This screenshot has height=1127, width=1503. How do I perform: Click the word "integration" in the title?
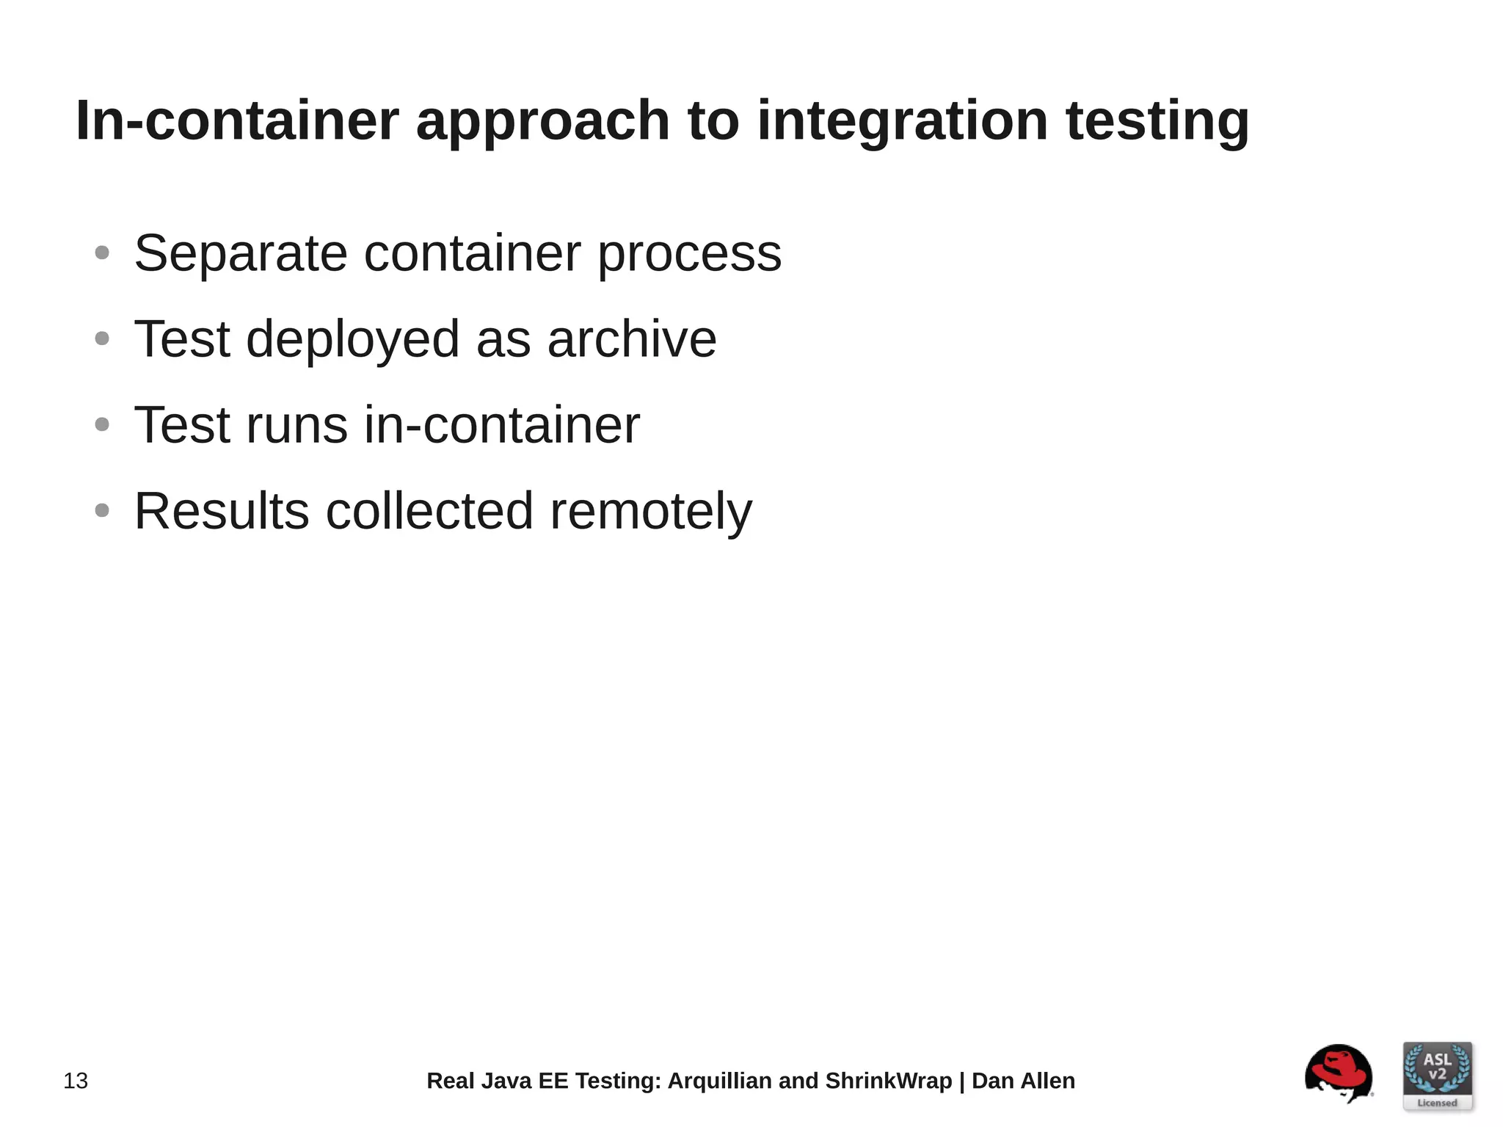902,121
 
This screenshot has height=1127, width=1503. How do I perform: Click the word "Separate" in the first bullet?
241,253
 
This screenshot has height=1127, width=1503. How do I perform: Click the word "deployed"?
352,341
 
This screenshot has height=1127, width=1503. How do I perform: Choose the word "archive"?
632,339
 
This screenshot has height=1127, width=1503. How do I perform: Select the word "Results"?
222,511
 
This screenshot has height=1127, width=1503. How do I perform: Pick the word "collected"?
429,511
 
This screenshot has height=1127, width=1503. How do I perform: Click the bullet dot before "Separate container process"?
102,253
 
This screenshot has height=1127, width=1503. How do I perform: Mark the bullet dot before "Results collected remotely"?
102,510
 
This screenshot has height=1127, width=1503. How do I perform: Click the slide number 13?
76,1081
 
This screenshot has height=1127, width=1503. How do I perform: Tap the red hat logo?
1339,1073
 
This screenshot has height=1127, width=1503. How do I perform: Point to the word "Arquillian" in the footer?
719,1081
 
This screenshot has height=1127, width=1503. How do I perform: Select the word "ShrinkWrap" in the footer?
888,1081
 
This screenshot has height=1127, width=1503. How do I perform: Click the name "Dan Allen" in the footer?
1023,1081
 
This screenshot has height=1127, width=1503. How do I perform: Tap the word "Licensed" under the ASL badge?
1437,1103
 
